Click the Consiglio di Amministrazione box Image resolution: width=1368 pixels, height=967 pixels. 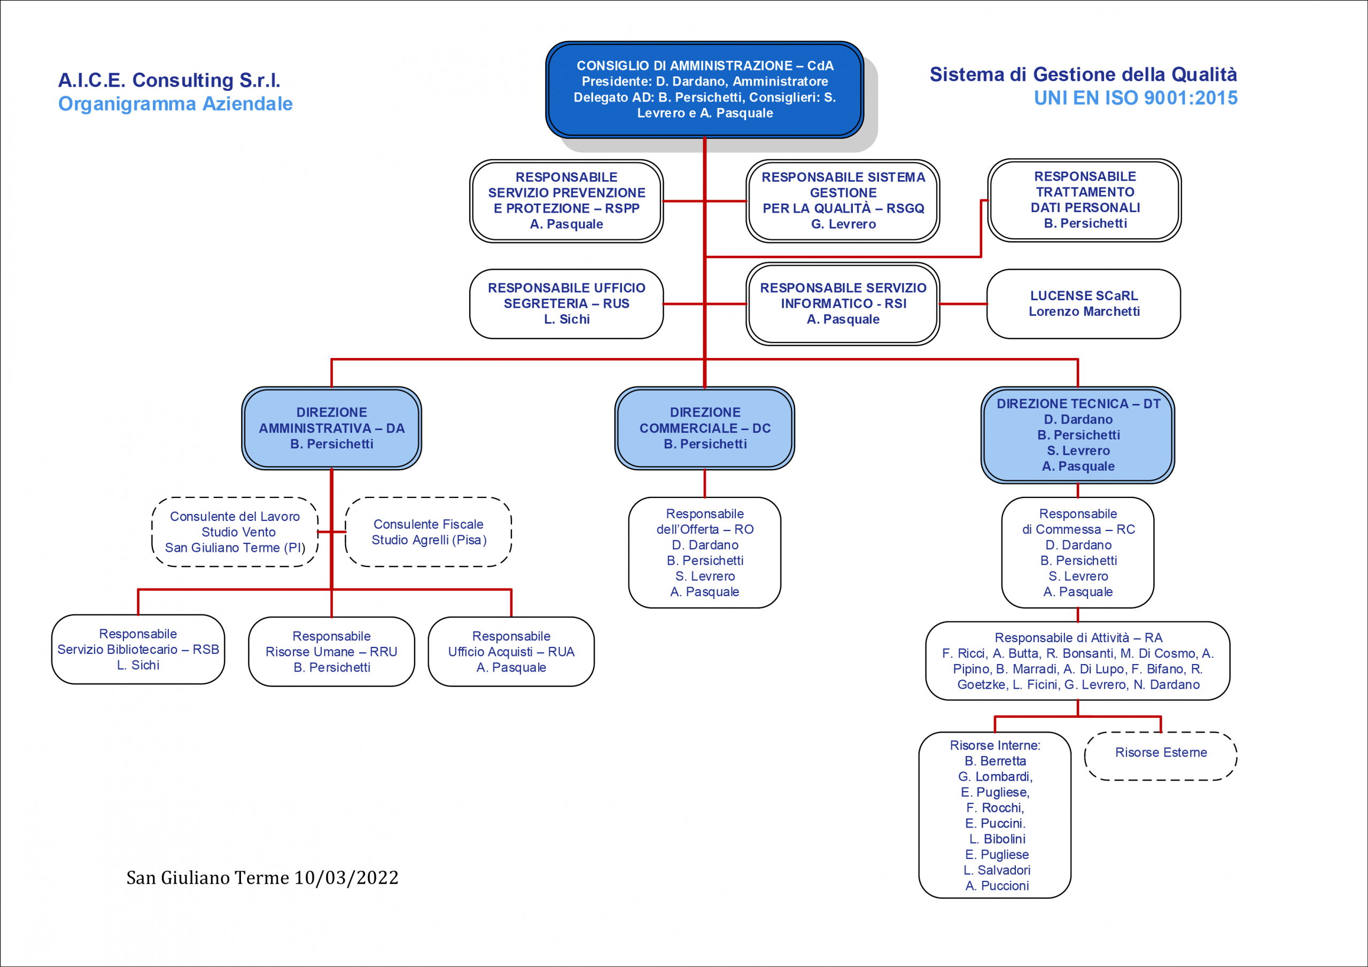705,89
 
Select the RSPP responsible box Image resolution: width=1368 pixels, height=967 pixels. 566,201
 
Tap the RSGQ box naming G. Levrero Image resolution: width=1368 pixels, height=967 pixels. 843,201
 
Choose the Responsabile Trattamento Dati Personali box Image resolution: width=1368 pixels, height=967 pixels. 1084,200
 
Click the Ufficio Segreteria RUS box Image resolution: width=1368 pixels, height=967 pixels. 566,304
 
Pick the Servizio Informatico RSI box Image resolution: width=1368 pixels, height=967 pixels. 843,304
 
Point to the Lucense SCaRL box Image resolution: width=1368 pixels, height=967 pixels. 1084,304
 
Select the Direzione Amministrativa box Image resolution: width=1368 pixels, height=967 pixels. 331,428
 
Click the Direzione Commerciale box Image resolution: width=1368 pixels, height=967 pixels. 705,428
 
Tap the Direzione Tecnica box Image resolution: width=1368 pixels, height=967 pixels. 1078,435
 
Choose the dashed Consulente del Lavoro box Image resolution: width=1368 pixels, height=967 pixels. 235,532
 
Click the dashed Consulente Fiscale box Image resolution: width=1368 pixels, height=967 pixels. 429,532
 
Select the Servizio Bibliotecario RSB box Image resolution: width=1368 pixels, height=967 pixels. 138,650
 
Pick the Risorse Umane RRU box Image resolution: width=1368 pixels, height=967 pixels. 331,652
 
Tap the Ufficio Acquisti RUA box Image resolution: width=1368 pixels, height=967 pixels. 511,652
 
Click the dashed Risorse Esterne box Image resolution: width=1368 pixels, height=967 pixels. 1161,756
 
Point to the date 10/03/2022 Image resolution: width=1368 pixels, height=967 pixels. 346,878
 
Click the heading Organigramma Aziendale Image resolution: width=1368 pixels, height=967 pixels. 175,104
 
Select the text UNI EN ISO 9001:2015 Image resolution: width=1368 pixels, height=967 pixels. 1136,98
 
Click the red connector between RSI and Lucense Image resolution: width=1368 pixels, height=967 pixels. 963,304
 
